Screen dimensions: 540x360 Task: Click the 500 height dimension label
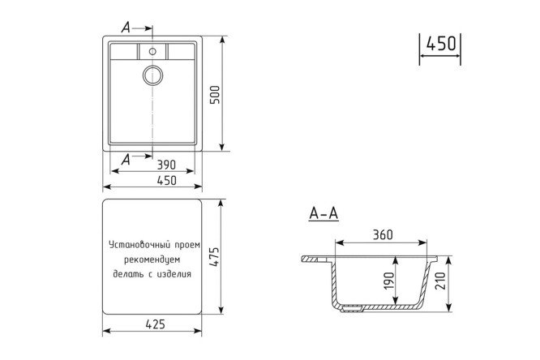click(x=215, y=95)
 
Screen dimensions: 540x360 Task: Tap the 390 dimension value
click(x=166, y=165)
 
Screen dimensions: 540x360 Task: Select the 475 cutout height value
click(x=214, y=257)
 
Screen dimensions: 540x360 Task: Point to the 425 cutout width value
click(x=156, y=324)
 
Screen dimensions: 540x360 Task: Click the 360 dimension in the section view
click(x=383, y=235)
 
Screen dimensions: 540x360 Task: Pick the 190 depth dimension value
click(x=389, y=281)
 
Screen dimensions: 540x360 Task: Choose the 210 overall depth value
click(x=440, y=281)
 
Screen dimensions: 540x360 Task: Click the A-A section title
click(x=324, y=213)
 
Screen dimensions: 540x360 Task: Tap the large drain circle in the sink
click(x=153, y=75)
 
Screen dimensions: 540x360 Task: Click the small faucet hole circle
click(x=152, y=52)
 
